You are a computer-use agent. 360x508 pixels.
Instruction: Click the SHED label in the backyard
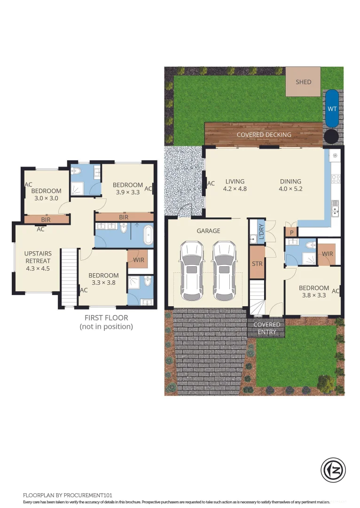[303, 82]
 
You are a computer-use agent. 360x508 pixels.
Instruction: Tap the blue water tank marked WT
[332, 109]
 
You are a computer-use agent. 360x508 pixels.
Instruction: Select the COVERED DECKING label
[264, 135]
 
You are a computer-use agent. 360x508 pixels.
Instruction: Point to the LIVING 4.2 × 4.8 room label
[235, 185]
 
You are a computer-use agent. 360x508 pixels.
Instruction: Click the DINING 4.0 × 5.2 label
[291, 185]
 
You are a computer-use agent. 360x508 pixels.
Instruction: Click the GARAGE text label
[209, 230]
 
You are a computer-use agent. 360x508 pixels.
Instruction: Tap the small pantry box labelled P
[291, 232]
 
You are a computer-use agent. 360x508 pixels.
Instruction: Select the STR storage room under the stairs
[258, 262]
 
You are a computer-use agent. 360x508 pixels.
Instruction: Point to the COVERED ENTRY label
[267, 328]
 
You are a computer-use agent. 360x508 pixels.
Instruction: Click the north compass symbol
[333, 469]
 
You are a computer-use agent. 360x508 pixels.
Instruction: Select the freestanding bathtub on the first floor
[148, 235]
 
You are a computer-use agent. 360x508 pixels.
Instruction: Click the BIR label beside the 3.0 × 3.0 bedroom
[46, 220]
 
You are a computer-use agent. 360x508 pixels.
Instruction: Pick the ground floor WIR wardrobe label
[327, 254]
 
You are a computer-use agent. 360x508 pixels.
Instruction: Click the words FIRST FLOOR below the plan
[106, 318]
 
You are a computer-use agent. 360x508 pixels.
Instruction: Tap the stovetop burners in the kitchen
[336, 179]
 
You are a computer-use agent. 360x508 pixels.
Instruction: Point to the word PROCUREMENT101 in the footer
[88, 495]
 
